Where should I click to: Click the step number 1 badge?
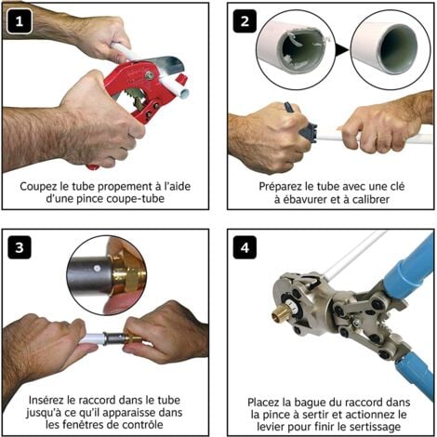[20, 21]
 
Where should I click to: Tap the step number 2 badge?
[245, 21]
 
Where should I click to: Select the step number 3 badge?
[20, 247]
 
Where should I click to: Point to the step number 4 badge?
[245, 247]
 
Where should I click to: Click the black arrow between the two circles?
[342, 49]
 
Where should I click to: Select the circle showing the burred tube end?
[296, 50]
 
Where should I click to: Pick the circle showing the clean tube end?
[391, 50]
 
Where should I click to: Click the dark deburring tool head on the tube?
[309, 133]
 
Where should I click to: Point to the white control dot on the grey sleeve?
[97, 268]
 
